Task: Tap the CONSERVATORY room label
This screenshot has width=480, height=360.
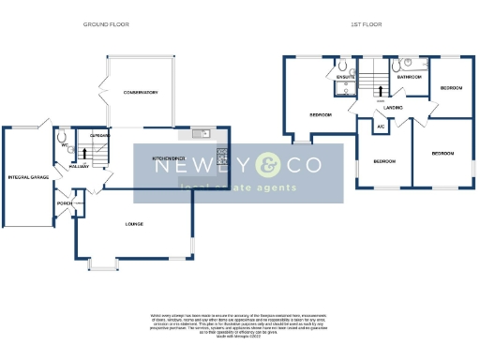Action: click(139, 93)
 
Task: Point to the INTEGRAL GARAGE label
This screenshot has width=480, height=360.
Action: click(27, 176)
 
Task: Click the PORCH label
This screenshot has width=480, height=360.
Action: click(65, 203)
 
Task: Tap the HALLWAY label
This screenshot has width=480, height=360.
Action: click(79, 166)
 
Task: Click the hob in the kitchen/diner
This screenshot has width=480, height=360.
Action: click(221, 154)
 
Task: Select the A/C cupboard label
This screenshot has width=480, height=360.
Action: click(381, 126)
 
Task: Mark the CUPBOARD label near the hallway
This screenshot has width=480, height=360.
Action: click(100, 136)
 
